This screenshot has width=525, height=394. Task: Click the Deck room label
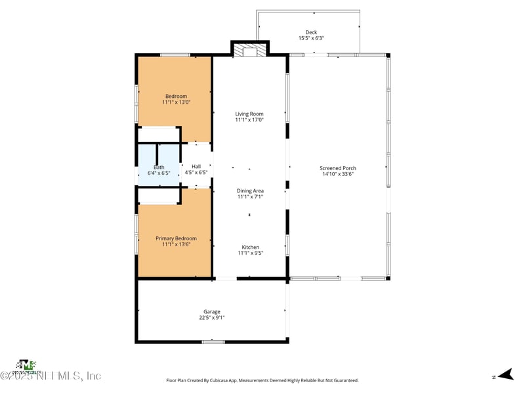[x=311, y=32]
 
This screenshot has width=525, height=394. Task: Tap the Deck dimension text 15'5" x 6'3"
[x=311, y=38]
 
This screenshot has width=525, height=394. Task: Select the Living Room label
[x=249, y=114]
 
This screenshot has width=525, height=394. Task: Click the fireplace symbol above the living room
[x=250, y=51]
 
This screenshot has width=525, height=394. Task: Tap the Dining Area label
[x=250, y=190]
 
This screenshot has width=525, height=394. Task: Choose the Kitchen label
[x=250, y=247]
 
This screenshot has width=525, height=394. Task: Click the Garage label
[x=212, y=311]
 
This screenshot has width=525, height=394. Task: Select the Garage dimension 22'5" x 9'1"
[x=212, y=317]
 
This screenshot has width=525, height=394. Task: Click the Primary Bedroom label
[x=176, y=238]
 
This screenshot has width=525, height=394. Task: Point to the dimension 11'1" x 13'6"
[x=176, y=244]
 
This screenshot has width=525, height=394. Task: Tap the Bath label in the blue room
[x=159, y=167]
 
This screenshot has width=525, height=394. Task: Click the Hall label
[x=196, y=167]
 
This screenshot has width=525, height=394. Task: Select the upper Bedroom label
[x=176, y=97]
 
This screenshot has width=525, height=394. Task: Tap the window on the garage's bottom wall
[x=213, y=341]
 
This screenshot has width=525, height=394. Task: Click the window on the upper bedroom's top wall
[x=175, y=55]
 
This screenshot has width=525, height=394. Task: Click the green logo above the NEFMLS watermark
[x=26, y=365]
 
